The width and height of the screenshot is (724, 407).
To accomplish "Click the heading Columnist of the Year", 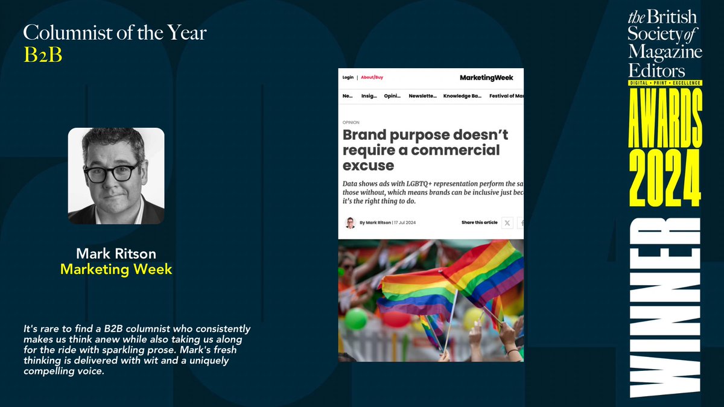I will [x=115, y=33].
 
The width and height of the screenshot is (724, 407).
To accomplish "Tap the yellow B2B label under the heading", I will [x=43, y=54].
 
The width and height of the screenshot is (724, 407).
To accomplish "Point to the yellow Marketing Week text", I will [x=116, y=269].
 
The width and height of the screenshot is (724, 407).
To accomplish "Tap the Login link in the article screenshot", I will [x=348, y=77].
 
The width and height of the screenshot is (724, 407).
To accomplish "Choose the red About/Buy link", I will [x=372, y=77].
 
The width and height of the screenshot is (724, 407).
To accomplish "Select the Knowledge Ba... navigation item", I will [x=462, y=96].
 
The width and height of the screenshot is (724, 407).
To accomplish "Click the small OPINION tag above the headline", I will [x=351, y=122].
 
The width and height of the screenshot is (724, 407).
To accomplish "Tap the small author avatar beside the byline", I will [x=350, y=222].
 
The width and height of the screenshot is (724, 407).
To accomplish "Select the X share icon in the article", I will [x=507, y=222].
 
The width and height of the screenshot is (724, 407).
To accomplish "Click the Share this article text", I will [x=480, y=222].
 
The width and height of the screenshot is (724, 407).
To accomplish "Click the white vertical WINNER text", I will [x=665, y=308].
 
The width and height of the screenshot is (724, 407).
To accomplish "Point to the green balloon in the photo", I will [x=356, y=318].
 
